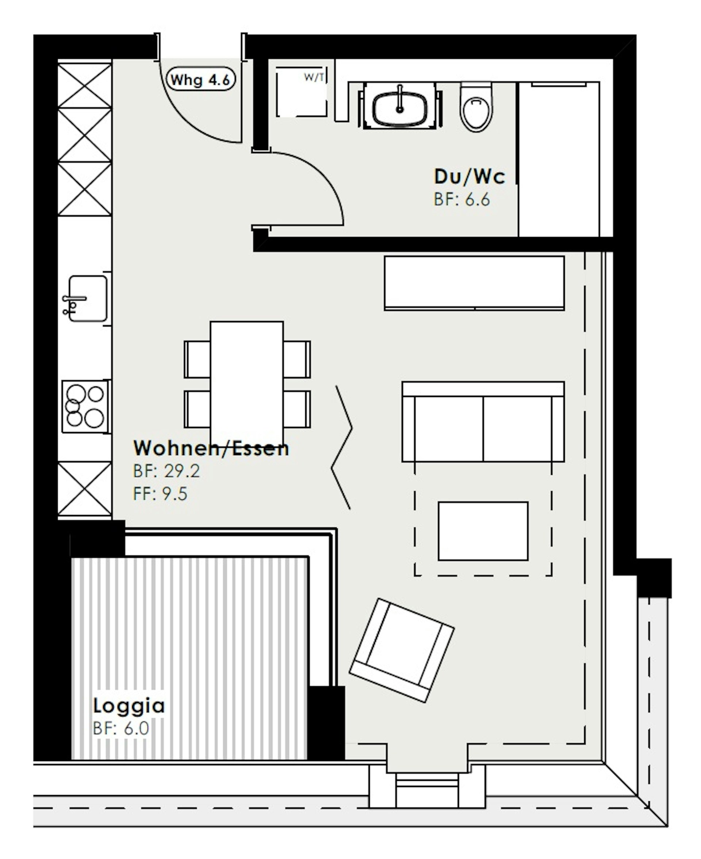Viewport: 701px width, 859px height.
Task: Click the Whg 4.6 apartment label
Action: point(201,79)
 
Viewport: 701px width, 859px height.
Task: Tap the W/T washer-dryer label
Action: point(314,77)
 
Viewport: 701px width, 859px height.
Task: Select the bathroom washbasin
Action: point(399,106)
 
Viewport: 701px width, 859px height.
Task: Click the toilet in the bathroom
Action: point(476,107)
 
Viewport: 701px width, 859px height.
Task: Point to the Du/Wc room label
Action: point(469,176)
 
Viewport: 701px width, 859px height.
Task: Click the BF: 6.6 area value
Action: point(461,199)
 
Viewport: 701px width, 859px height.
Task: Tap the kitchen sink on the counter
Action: point(86,298)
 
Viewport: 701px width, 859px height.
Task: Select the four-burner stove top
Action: point(85,406)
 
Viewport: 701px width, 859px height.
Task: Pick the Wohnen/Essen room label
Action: point(211,448)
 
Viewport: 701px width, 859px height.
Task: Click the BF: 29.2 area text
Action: point(166,471)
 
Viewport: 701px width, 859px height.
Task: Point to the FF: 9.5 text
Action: point(160,493)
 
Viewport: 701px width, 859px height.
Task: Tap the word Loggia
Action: point(129,716)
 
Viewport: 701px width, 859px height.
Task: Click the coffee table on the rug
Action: point(483,531)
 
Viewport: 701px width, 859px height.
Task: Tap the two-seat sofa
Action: point(483,421)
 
